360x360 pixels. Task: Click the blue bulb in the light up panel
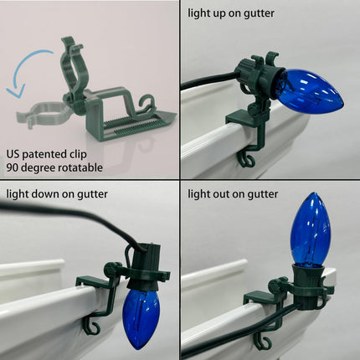(x=310, y=90)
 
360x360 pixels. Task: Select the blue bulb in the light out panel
(x=311, y=230)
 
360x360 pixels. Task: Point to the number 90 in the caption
(x=13, y=167)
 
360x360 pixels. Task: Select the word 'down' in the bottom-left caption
(x=45, y=194)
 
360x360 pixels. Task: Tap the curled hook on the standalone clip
(x=147, y=104)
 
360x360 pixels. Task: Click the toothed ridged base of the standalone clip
(x=131, y=126)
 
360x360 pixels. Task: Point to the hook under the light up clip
(x=245, y=161)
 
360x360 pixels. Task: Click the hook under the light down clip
(x=92, y=329)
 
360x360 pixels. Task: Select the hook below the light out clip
(x=262, y=342)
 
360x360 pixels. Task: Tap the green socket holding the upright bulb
(x=308, y=283)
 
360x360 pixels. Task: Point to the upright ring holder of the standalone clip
(x=74, y=69)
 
